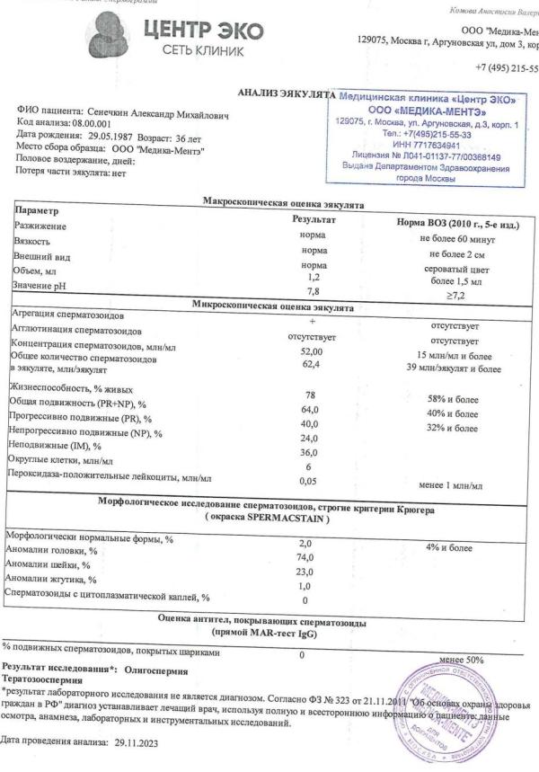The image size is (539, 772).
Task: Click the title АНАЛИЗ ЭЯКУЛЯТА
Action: [285, 93]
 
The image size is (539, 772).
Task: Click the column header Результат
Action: [314, 219]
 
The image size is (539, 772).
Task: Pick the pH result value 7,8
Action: [314, 291]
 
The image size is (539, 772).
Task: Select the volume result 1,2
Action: [314, 279]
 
